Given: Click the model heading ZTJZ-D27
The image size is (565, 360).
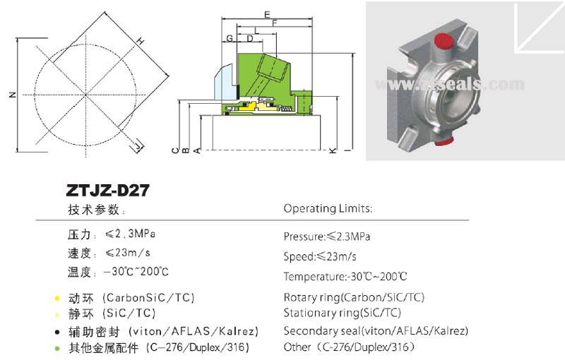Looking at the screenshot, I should coord(107,191).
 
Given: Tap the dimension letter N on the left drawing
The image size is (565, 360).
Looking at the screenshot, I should coord(12,95).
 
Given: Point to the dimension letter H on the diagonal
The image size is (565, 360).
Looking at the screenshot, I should coord(140,42).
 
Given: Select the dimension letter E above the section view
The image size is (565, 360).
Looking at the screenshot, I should coord(266,14).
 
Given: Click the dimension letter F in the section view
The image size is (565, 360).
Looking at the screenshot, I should coord(273,23).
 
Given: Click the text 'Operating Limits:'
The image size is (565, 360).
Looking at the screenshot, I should coord(328,208).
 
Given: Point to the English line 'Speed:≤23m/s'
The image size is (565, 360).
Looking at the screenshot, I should coord(320,256).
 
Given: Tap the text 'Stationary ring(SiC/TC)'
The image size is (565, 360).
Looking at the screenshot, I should coord(342,313).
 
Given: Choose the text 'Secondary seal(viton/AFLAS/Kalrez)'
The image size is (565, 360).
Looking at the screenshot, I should coord(376,330).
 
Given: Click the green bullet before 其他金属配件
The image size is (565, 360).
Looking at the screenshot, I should coord(56,348).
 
